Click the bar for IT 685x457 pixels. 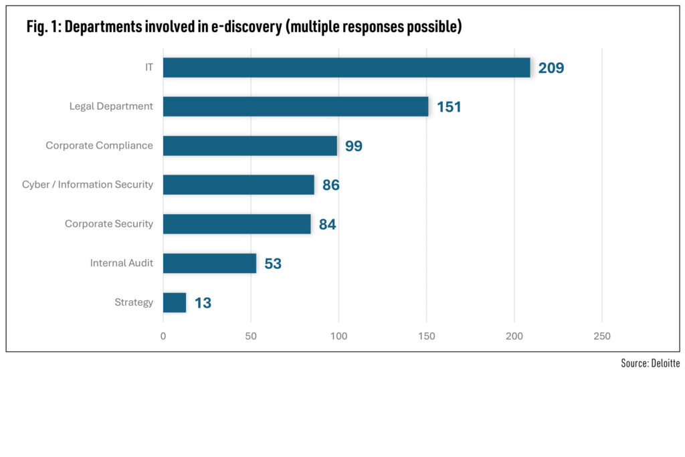point(347,68)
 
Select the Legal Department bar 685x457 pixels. point(296,106)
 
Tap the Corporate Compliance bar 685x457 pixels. point(250,146)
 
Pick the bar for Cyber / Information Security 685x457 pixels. point(239,185)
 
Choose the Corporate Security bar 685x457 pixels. point(237,224)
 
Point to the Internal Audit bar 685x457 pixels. point(209,263)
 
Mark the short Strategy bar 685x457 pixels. point(175,302)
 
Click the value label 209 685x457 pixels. point(551,68)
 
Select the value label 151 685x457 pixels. point(449,107)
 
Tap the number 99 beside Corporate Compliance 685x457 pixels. point(354,147)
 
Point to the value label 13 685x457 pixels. point(203,303)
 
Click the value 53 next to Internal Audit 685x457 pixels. point(273,264)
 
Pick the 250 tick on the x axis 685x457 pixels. point(602,336)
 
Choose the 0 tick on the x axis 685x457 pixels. point(163,336)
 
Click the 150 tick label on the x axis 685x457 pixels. point(427,336)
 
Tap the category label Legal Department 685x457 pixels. point(111,106)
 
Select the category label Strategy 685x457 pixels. point(134,302)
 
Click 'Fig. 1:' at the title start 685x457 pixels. point(44,27)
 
